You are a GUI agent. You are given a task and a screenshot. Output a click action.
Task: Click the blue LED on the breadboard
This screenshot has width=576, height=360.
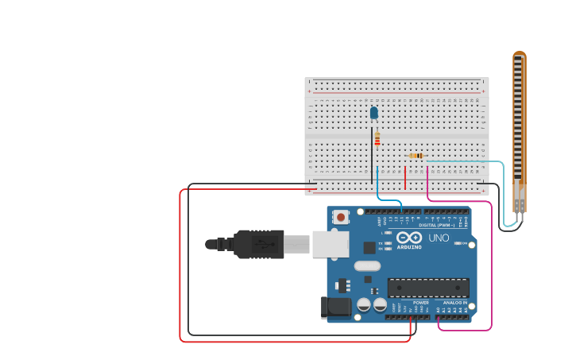374,113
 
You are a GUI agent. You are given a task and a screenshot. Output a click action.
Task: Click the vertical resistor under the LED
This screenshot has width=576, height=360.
377,139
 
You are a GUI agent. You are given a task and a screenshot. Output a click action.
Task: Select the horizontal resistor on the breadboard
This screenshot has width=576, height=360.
416,156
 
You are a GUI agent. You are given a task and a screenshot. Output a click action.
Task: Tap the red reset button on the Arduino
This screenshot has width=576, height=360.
341,216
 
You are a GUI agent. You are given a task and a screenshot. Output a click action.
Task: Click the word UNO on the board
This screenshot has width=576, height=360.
439,238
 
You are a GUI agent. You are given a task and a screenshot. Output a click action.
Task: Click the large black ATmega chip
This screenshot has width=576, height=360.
427,287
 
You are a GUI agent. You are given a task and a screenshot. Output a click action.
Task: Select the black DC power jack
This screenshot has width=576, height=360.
335,308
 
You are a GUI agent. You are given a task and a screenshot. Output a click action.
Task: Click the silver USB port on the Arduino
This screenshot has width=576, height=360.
331,244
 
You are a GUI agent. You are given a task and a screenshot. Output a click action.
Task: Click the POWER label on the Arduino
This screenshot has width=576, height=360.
420,303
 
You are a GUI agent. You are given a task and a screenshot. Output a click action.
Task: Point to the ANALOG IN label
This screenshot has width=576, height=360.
455,303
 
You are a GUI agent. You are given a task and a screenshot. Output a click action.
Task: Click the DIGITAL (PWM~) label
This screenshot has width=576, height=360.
437,226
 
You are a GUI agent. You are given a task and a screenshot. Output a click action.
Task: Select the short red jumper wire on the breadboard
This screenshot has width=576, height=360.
405,178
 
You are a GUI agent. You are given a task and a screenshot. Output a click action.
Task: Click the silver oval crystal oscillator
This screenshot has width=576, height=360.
367,266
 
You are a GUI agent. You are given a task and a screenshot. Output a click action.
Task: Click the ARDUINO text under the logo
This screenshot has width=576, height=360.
409,247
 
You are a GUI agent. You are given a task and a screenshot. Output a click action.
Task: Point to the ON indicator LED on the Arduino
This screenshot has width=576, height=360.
458,242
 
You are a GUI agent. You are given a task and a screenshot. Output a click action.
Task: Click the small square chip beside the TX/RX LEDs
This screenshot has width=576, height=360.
369,247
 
